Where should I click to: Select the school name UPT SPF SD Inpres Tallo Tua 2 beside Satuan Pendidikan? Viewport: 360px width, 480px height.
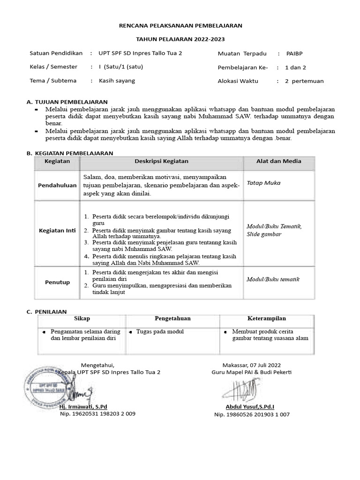(140, 53)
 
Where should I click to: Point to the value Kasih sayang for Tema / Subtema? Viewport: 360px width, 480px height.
(117, 81)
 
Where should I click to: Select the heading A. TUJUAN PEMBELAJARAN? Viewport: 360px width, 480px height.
(67, 102)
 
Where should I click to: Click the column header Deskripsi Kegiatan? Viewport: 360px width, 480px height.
(161, 161)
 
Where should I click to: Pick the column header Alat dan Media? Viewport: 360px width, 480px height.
(279, 161)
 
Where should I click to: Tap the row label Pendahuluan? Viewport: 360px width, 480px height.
(57, 186)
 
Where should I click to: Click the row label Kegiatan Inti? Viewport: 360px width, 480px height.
(57, 231)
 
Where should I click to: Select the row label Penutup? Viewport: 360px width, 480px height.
(57, 282)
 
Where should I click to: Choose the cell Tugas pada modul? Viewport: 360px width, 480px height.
(160, 331)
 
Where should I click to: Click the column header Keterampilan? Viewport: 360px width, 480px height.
(267, 318)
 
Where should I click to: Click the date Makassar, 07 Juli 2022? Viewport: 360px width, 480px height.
(252, 365)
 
